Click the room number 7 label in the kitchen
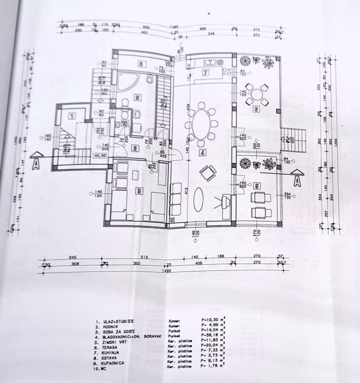click(205, 73)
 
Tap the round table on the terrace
click(257, 95)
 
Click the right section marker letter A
click(297, 180)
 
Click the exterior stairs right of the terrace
click(293, 135)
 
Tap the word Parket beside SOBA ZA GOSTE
click(174, 331)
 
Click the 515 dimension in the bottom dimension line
click(143, 258)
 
